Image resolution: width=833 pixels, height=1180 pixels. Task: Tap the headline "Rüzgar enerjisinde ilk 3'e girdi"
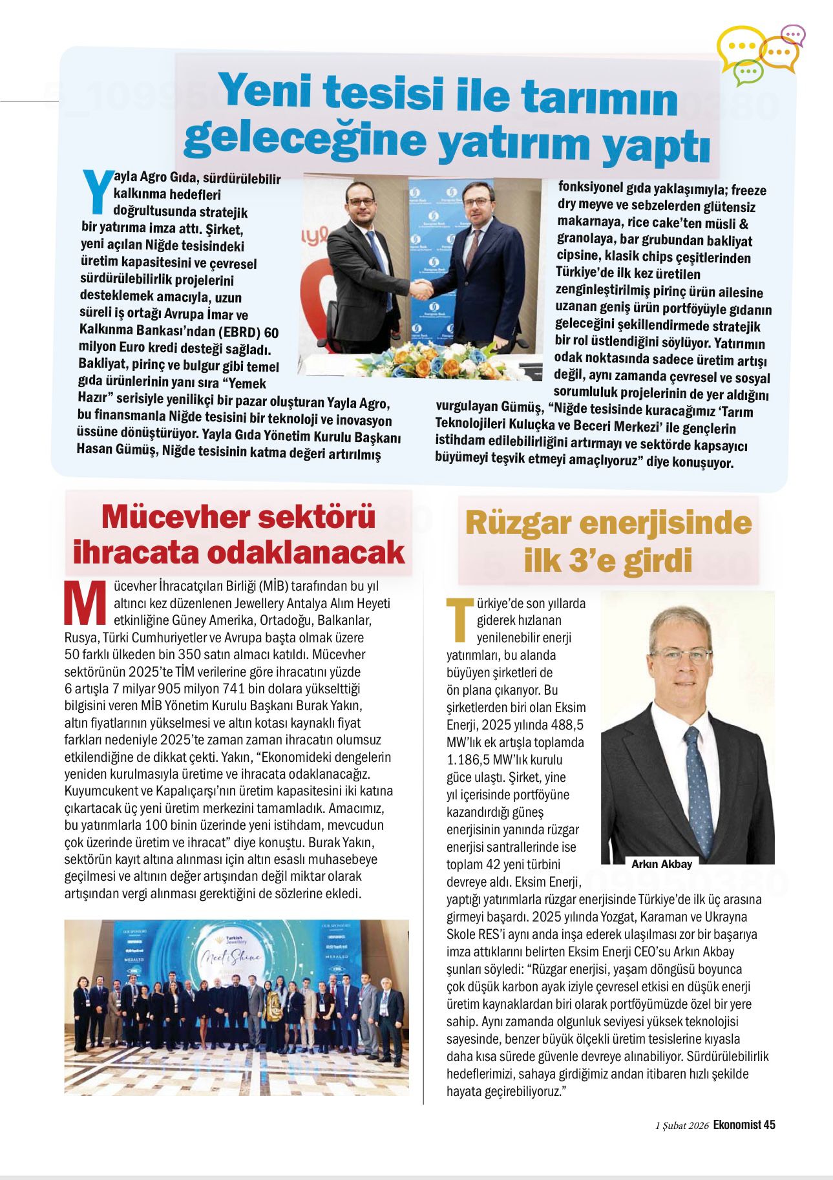click(x=607, y=541)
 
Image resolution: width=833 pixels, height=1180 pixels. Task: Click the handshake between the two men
click(x=422, y=290)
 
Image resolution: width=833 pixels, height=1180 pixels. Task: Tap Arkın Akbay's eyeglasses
click(x=686, y=656)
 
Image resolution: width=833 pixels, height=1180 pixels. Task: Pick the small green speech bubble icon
click(x=748, y=72)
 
